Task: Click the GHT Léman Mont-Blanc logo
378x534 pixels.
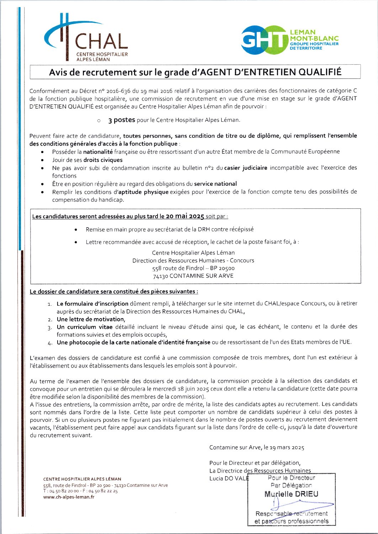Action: pyautogui.click(x=289, y=40)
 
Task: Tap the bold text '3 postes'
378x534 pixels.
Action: pyautogui.click(x=122, y=120)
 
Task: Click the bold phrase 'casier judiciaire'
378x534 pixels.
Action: pyautogui.click(x=246, y=168)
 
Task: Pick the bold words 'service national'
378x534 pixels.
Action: pyautogui.click(x=215, y=184)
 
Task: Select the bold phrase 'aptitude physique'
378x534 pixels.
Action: pyautogui.click(x=144, y=192)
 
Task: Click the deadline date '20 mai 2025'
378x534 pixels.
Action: pyautogui.click(x=185, y=216)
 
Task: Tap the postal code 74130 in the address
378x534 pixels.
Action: pyautogui.click(x=160, y=276)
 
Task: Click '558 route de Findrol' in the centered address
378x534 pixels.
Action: pyautogui.click(x=178, y=268)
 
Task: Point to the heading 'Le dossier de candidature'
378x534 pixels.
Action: pyautogui.click(x=114, y=291)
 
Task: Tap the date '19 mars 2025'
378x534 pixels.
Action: pyautogui.click(x=287, y=447)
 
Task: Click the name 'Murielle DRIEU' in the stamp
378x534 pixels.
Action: pyautogui.click(x=291, y=494)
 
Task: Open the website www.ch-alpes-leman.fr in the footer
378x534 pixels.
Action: pyautogui.click(x=69, y=497)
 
